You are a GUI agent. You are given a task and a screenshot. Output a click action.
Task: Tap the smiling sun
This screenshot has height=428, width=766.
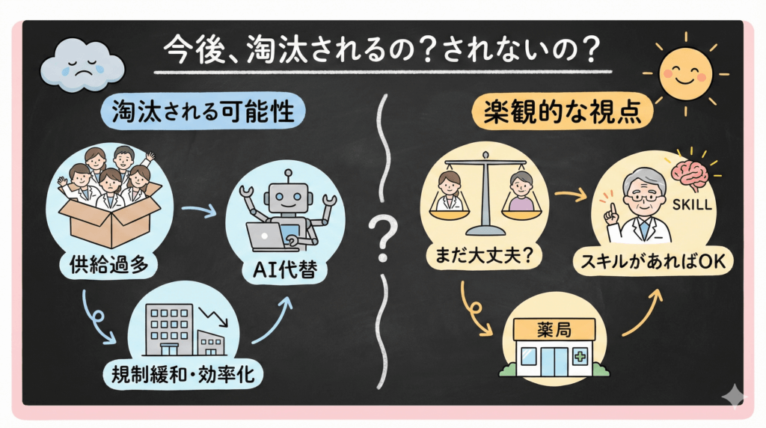tap(684, 73)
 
